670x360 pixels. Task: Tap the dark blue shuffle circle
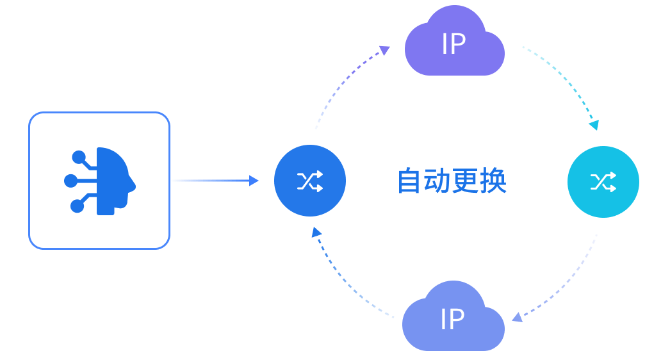[x=310, y=181]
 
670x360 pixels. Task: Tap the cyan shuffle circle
[x=603, y=181]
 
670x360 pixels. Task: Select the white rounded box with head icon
[x=99, y=181]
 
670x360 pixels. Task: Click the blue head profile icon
[x=101, y=181]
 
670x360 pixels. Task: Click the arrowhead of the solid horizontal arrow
[x=254, y=181]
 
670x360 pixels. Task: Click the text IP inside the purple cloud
[x=453, y=45]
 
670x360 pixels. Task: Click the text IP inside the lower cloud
[x=452, y=319]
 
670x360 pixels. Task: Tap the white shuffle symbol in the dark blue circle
[x=310, y=181]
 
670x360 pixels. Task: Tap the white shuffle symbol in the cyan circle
[x=603, y=182]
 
